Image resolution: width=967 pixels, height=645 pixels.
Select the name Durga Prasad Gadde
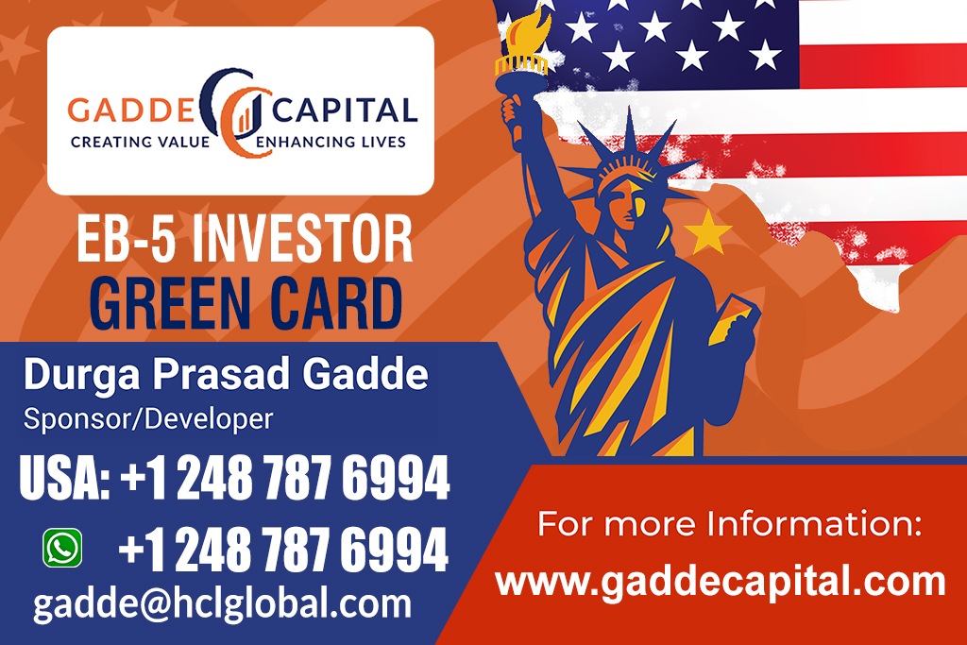click(x=226, y=376)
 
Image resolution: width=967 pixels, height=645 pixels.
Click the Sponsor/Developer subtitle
click(x=148, y=418)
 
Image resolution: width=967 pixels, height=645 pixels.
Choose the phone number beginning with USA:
click(x=234, y=479)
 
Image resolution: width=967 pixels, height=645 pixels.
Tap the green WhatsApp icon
click(x=62, y=548)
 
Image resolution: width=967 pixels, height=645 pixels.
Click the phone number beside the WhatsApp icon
click(x=283, y=550)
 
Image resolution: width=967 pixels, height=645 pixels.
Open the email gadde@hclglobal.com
click(x=223, y=603)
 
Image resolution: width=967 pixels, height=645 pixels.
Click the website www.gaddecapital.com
click(x=721, y=582)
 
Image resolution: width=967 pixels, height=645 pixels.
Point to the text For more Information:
click(x=729, y=524)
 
